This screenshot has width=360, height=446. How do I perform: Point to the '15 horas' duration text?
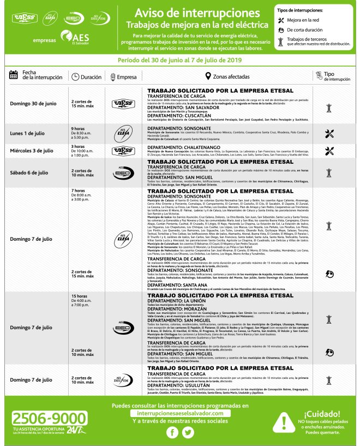80,295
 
